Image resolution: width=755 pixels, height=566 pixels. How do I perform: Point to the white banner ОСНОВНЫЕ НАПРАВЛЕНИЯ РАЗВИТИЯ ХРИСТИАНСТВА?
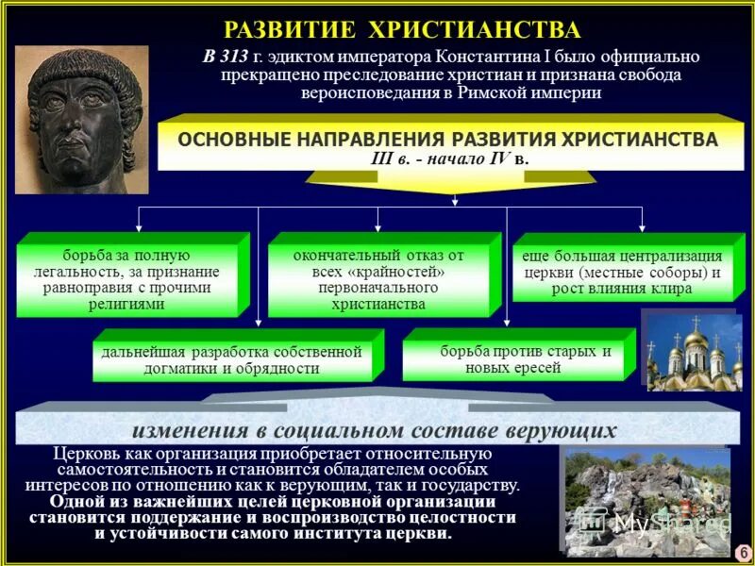(x=447, y=140)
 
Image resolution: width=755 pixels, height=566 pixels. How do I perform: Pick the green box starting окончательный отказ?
(x=377, y=280)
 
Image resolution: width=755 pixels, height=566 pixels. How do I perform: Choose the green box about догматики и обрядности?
(x=231, y=359)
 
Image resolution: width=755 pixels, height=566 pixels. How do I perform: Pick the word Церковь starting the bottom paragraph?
(x=86, y=454)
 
